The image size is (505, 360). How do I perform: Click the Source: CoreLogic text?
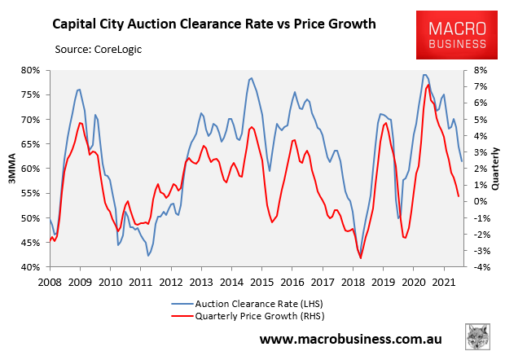click(101, 50)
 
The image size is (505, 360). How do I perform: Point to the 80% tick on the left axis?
click(30, 70)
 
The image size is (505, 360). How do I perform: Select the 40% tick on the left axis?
click(30, 267)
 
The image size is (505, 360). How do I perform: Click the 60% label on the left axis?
click(30, 169)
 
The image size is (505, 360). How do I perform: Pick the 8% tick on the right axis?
click(480, 70)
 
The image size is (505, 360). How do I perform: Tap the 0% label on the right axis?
click(480, 201)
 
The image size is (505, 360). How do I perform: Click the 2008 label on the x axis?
click(50, 282)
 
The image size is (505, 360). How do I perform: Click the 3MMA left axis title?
click(11, 169)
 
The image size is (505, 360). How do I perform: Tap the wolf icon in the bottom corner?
click(477, 337)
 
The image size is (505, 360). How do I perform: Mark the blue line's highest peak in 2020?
click(425, 75)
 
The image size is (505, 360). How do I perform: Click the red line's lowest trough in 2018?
click(360, 257)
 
